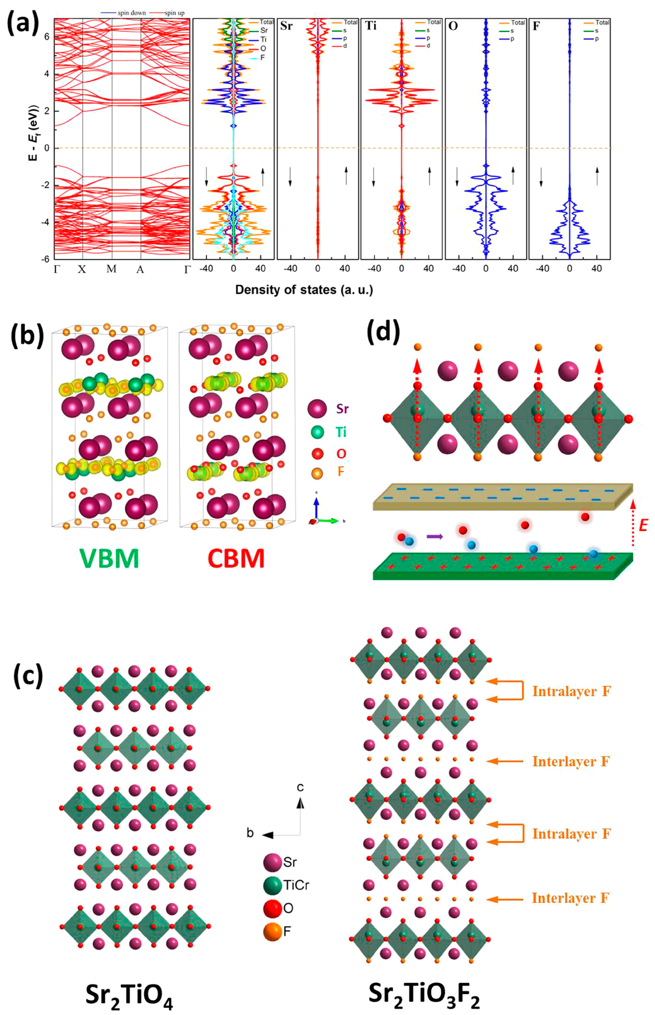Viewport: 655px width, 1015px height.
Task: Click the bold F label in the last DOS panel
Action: point(537,26)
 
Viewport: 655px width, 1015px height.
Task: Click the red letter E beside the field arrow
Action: point(643,526)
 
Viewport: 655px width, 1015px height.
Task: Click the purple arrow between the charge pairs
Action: point(435,537)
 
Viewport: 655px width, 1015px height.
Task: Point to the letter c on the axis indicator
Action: point(300,787)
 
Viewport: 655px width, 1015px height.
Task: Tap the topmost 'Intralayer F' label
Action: point(571,692)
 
